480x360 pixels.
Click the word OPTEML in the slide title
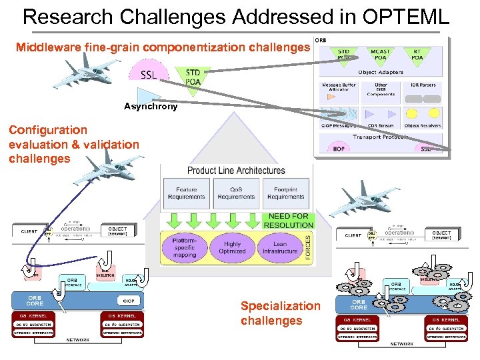pyautogui.click(x=408, y=16)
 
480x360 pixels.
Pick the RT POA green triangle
pyautogui.click(x=416, y=55)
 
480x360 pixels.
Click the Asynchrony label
pyautogui.click(x=151, y=106)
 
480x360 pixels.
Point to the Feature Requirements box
pyautogui.click(x=187, y=193)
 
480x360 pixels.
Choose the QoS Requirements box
pyautogui.click(x=236, y=193)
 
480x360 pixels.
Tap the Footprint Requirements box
pyautogui.click(x=285, y=193)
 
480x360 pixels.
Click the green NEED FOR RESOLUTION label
pyautogui.click(x=288, y=221)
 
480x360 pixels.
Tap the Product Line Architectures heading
pyautogui.click(x=236, y=171)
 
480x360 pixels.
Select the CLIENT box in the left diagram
pyautogui.click(x=29, y=231)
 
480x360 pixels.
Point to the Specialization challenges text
pyautogui.click(x=280, y=313)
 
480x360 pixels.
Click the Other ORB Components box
pyautogui.click(x=381, y=90)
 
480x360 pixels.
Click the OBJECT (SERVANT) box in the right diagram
pyautogui.click(x=441, y=235)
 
